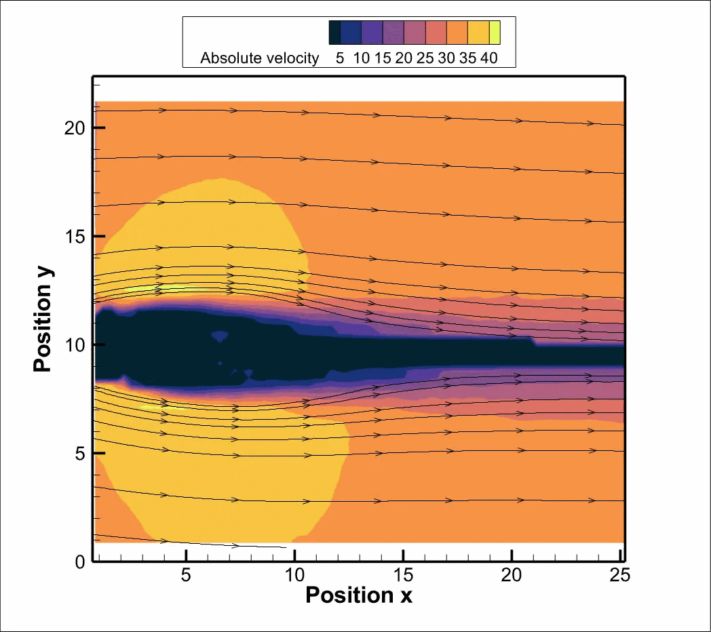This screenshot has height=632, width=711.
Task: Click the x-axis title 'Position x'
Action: coord(358,595)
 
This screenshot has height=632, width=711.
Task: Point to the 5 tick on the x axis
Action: coord(185,576)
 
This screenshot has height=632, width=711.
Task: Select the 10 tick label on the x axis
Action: coord(294,576)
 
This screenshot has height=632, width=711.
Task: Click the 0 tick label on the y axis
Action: coord(79,561)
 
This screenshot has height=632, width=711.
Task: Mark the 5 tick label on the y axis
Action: coord(79,453)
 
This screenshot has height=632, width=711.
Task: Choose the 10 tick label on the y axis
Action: coord(73,344)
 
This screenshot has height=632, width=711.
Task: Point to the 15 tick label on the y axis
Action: coord(73,236)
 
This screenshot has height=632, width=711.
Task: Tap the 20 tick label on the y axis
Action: coord(73,127)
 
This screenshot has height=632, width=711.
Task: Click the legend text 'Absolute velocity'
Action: coord(259,58)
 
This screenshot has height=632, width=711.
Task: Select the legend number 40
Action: coord(488,58)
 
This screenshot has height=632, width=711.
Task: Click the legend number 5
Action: coord(339,58)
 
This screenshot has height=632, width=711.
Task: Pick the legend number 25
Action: coord(425,58)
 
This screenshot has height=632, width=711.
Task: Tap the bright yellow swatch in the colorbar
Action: coord(495,32)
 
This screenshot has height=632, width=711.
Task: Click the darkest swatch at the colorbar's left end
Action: coord(334,32)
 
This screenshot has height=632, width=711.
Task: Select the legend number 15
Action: coord(382,58)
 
